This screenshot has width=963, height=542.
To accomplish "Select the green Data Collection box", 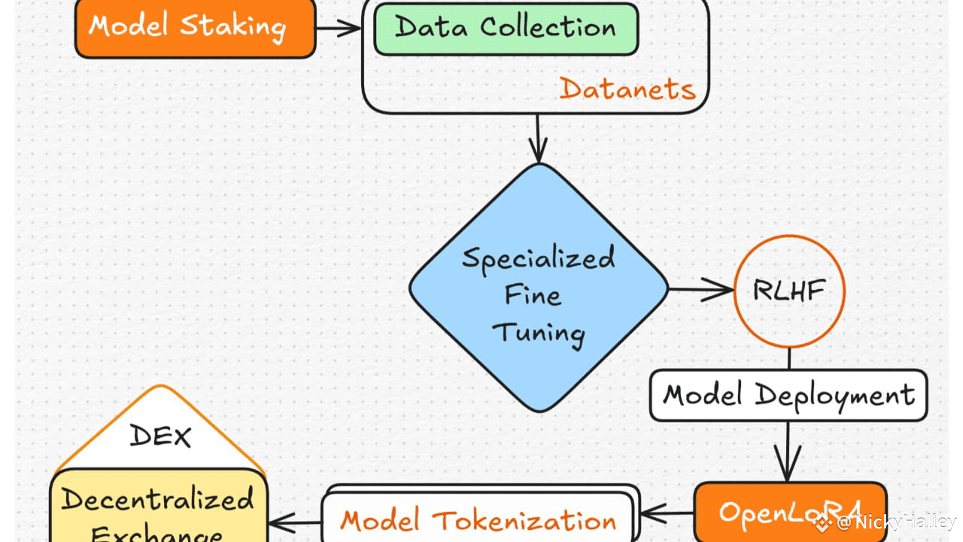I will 505,29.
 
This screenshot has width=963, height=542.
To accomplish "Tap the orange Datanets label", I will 627,90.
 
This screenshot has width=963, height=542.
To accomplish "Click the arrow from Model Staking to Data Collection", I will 339,29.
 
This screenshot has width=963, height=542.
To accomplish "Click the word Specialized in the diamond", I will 538,258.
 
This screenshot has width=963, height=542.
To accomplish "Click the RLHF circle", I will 788,291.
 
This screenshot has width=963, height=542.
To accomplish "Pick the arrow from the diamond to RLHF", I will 700,291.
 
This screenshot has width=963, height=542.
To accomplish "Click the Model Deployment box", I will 788,395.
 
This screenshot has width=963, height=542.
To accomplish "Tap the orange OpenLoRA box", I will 789,513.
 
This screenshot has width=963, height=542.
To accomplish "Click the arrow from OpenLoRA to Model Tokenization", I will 666,514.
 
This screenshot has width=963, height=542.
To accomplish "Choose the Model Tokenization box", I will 478,519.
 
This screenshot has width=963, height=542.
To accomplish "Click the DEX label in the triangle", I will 159,435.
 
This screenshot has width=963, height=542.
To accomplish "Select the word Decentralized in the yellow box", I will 158,499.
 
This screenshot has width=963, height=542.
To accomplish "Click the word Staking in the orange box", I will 232,26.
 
